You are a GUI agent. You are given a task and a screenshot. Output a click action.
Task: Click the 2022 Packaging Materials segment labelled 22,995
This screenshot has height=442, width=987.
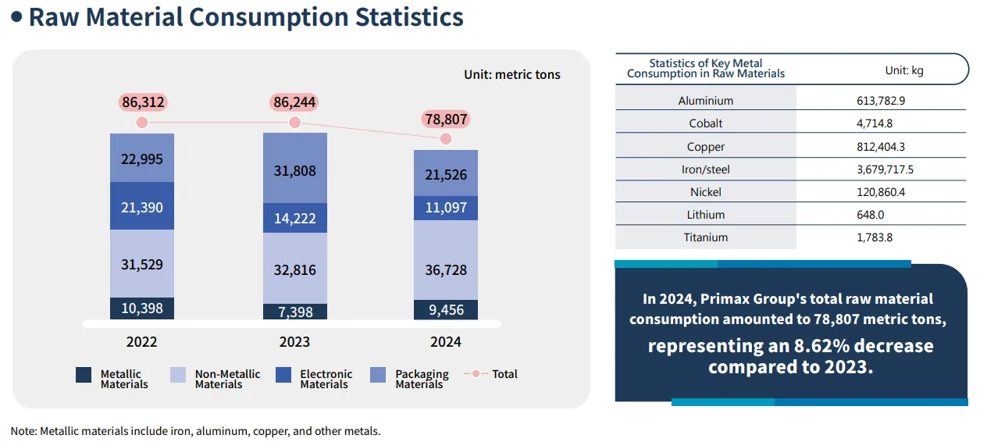[x=141, y=159]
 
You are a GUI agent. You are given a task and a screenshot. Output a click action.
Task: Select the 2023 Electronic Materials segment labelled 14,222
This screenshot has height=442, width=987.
[x=294, y=218]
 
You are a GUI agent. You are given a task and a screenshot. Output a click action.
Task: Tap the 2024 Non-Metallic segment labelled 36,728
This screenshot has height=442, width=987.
[x=445, y=269]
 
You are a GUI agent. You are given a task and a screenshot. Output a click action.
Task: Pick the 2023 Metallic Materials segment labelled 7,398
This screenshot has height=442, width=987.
[x=294, y=312]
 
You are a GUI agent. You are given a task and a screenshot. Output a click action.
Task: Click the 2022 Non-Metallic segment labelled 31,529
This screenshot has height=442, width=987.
[x=141, y=264]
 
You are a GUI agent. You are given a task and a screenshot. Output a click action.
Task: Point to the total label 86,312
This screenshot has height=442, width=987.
[x=143, y=102]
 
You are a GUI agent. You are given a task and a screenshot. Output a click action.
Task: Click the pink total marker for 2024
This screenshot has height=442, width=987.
[x=445, y=138]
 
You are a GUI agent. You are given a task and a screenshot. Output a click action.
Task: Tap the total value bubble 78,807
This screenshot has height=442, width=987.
[x=445, y=119]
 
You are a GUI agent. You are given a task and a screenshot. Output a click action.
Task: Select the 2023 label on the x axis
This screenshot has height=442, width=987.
[x=294, y=341]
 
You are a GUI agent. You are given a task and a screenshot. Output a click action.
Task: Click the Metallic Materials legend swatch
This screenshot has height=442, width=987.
[x=84, y=375]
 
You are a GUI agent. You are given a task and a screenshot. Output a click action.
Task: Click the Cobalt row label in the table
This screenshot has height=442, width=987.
[x=705, y=123]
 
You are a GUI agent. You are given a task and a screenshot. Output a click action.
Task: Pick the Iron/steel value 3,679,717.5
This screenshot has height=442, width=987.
[x=885, y=169]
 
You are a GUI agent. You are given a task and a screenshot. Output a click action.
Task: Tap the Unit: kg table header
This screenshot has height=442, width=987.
[x=903, y=70]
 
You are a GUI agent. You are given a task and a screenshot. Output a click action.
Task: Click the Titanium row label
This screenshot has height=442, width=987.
[x=705, y=237]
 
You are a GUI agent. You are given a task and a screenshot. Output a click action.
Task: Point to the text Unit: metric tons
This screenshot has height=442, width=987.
[x=511, y=75]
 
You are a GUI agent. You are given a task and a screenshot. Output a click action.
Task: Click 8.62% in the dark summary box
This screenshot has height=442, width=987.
[x=787, y=346]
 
